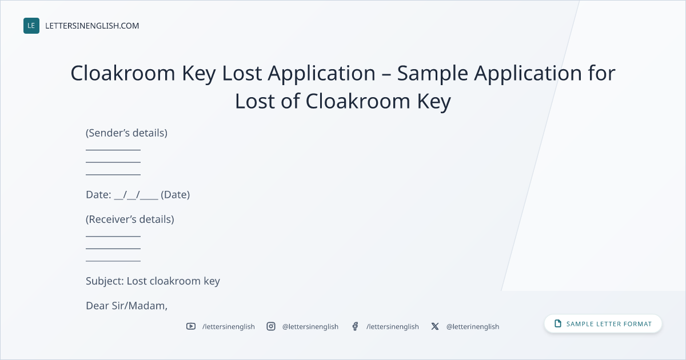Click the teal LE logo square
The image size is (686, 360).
pos(31,26)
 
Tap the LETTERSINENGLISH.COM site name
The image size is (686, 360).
pos(92,26)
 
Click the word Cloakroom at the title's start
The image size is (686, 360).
pos(123,73)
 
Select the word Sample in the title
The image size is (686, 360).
pos(432,74)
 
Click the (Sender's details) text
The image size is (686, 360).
pos(126,133)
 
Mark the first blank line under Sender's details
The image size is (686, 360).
pos(113,150)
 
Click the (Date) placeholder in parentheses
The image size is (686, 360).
pos(175,195)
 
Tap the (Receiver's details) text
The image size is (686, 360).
pos(130,219)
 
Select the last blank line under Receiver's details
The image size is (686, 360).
pos(113,261)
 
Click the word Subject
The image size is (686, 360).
pos(105,281)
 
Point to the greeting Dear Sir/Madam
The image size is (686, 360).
pos(126,306)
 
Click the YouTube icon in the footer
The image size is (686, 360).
pos(191,326)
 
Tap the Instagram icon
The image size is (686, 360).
pos(271,326)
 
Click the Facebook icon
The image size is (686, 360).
pos(355,326)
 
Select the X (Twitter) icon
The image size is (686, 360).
pos(435,326)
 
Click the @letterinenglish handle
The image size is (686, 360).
pos(473,327)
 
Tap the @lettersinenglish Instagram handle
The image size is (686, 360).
pos(310,327)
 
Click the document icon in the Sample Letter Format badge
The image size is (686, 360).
pos(558,323)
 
